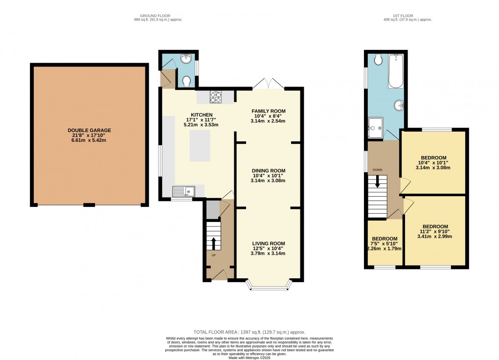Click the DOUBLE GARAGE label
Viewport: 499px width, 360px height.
(x=90, y=131)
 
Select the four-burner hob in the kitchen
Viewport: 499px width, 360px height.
(x=216, y=97)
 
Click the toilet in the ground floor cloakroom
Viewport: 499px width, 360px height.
(x=186, y=81)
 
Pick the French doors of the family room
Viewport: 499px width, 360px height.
(x=268, y=84)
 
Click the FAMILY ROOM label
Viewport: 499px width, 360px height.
(x=268, y=111)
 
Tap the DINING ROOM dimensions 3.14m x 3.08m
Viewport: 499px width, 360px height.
(x=268, y=180)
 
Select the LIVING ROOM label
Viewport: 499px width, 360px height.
(x=268, y=244)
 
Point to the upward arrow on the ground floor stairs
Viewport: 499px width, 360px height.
(x=213, y=243)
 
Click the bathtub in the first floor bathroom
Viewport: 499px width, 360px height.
(x=395, y=71)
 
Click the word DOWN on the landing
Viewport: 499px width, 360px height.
(x=377, y=170)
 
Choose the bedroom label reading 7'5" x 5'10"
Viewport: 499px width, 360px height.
(x=385, y=244)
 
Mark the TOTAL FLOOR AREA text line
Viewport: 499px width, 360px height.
(x=249, y=333)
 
